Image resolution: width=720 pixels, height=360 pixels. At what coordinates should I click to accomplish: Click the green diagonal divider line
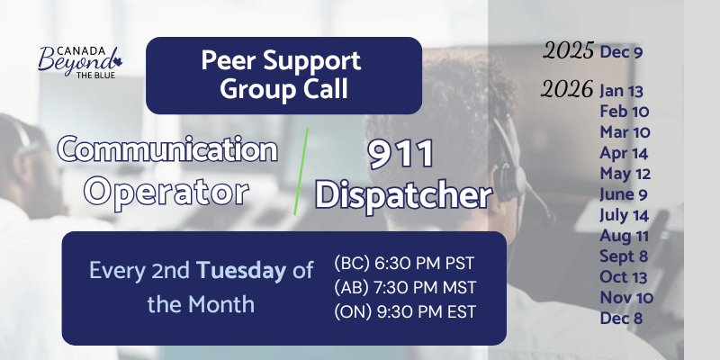[301, 170]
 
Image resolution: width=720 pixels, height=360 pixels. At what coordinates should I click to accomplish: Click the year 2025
[568, 51]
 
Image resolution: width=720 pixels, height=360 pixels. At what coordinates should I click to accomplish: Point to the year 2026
[568, 90]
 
